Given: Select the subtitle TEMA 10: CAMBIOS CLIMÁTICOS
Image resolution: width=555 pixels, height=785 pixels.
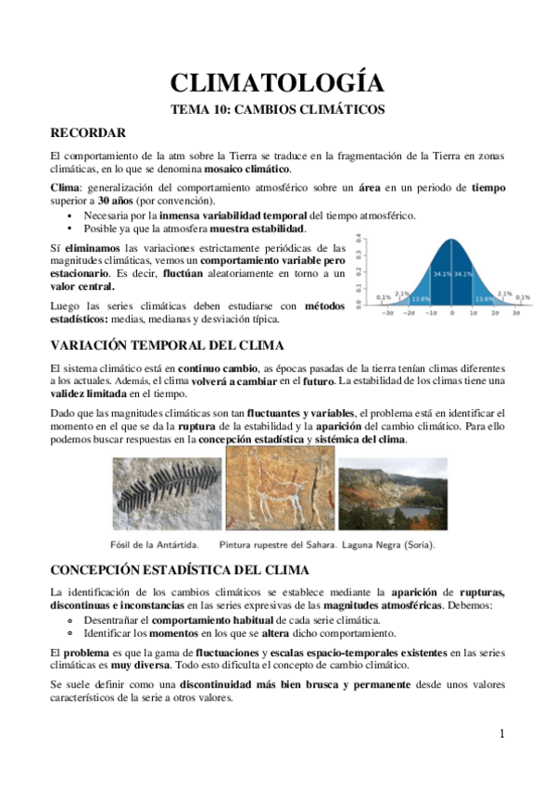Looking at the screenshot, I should (x=277, y=109).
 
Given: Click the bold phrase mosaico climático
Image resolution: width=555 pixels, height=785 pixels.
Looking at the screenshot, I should (x=275, y=168).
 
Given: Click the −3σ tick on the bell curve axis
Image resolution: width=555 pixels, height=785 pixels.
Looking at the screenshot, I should (x=385, y=314).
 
